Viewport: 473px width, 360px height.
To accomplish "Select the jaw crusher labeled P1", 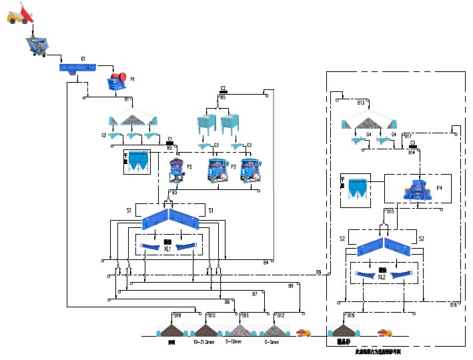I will click(x=118, y=81).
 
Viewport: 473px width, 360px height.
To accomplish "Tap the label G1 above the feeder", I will click(x=83, y=59).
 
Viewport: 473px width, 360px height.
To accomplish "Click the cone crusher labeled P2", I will click(x=177, y=170).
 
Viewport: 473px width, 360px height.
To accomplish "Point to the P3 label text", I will click(x=233, y=166).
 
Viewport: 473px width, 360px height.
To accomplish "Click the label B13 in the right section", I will click(x=361, y=103).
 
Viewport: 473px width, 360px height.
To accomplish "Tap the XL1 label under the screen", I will click(x=168, y=249).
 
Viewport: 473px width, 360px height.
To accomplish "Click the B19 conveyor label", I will click(x=177, y=315).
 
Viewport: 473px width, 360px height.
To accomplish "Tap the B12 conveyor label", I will click(x=281, y=315).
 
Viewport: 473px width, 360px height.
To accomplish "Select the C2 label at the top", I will click(x=223, y=88).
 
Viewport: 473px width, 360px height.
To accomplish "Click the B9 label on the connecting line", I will click(x=318, y=272).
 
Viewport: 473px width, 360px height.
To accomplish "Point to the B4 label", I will click(x=266, y=262).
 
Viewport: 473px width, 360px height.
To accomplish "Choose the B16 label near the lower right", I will click(x=454, y=305).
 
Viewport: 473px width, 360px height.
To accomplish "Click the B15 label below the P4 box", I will click(x=391, y=211).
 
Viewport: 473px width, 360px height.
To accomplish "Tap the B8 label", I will click(x=291, y=285).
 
